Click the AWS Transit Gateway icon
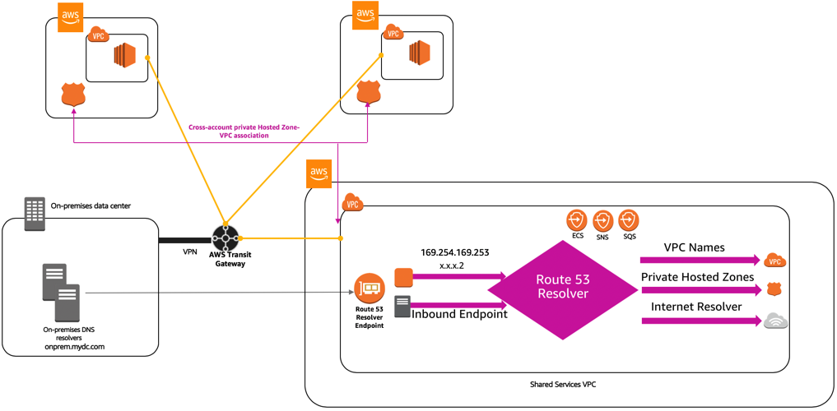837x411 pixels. [x=226, y=238]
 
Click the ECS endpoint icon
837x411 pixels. [x=576, y=219]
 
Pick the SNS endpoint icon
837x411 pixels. [x=602, y=219]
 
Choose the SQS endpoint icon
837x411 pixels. [x=629, y=219]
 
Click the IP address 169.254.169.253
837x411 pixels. [x=455, y=252]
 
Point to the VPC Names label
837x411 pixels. [x=695, y=248]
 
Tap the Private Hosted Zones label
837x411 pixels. [x=698, y=277]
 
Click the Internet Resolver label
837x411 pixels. [x=696, y=307]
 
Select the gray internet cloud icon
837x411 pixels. [x=775, y=321]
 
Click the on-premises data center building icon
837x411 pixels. [x=35, y=214]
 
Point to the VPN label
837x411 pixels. [x=190, y=252]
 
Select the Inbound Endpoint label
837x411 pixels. [x=459, y=314]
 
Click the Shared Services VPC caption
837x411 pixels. [x=563, y=384]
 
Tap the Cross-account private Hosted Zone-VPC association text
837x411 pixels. [x=236, y=132]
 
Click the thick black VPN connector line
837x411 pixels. [x=185, y=240]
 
